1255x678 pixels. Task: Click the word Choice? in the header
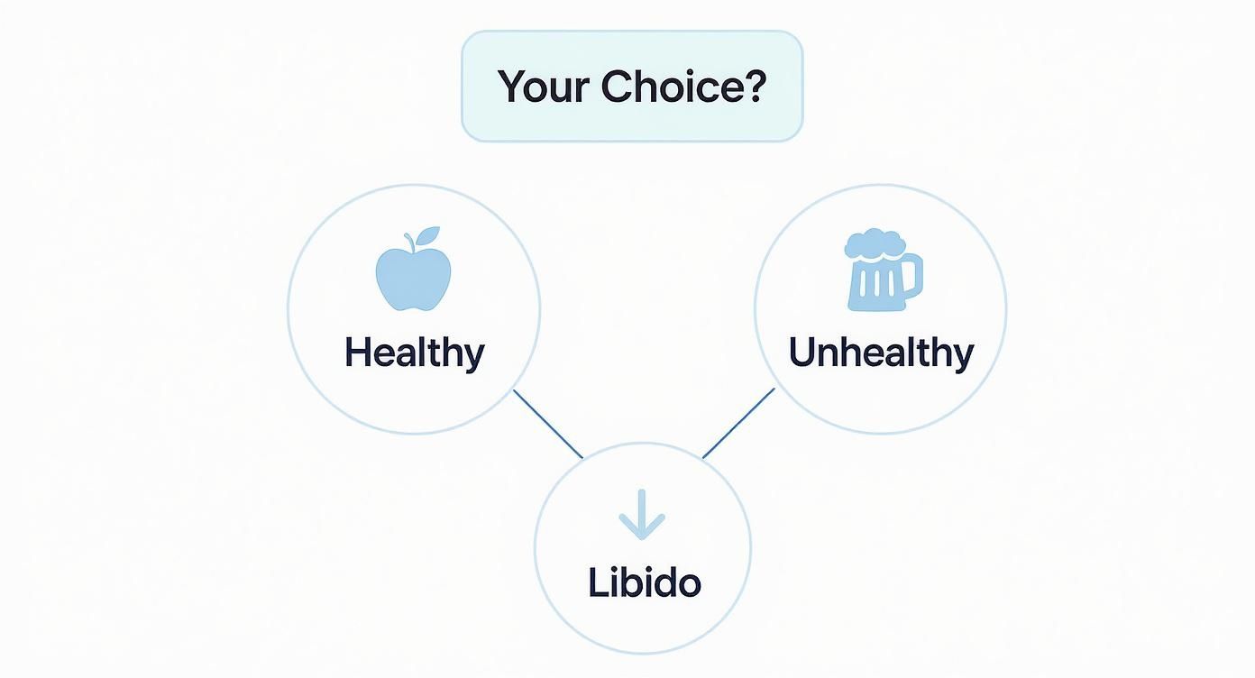tap(683, 87)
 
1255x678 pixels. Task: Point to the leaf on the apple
tap(427, 236)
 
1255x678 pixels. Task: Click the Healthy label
tap(415, 352)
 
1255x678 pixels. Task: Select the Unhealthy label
tap(881, 352)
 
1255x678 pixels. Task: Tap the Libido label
tap(644, 582)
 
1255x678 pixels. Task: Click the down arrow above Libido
tap(642, 515)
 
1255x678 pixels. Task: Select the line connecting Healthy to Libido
tap(548, 424)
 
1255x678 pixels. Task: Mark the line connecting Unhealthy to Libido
tap(738, 423)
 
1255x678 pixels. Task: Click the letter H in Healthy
tap(357, 352)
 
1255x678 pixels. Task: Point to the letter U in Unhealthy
tap(802, 352)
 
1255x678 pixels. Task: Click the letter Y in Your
tap(512, 87)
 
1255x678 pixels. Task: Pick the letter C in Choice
tap(618, 87)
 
